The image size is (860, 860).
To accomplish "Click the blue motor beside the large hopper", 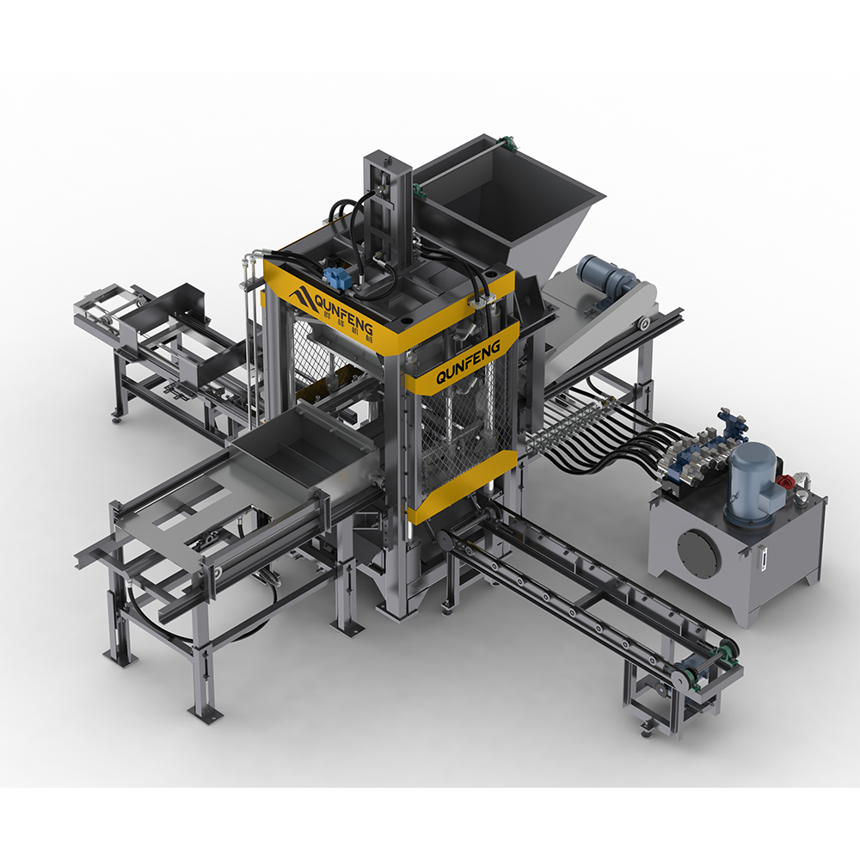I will pos(605,277).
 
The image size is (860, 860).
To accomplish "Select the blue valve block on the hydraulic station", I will pos(698,451).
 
